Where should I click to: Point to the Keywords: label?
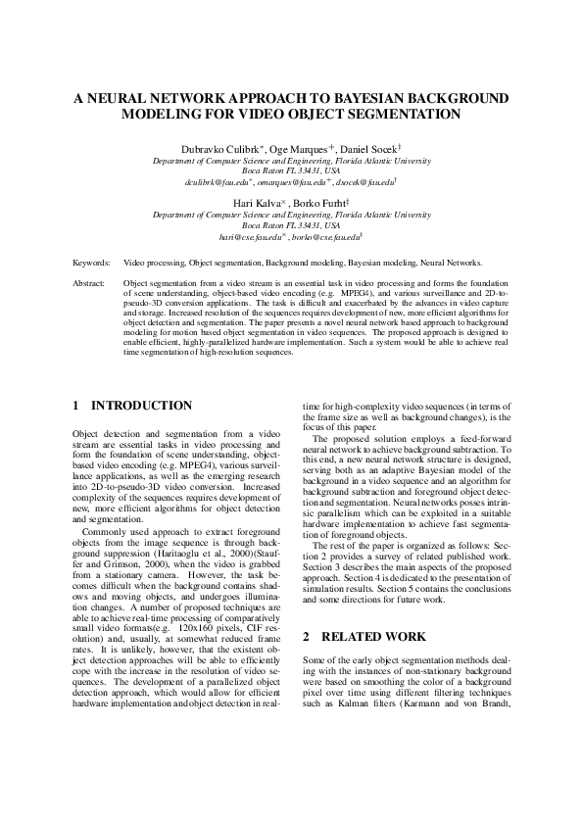[x=91, y=264]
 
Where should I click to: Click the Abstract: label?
[x=90, y=282]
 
